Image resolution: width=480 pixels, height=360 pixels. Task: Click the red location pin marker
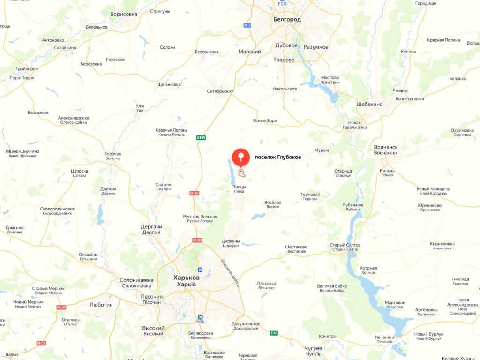click(241, 157)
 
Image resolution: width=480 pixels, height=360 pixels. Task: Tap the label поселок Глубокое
click(277, 157)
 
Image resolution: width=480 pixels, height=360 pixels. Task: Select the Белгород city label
click(287, 20)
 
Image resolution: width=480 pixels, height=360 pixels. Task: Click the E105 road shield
click(201, 137)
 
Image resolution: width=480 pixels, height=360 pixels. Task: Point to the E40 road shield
click(274, 333)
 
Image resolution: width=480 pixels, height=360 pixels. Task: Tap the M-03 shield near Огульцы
click(62, 307)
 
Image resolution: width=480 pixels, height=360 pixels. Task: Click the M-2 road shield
click(247, 25)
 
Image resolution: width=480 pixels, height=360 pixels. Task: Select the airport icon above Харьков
click(201, 270)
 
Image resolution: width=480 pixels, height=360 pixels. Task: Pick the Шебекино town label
click(369, 104)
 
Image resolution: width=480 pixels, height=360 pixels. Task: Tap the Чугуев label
click(313, 349)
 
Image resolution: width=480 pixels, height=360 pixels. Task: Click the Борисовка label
click(124, 15)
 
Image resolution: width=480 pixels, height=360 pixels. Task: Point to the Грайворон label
click(27, 69)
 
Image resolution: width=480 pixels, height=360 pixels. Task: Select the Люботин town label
click(101, 305)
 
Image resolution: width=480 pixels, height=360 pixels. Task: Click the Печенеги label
click(384, 337)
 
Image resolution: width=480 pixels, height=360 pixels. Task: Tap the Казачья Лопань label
click(172, 130)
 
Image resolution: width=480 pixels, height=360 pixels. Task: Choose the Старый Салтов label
click(344, 245)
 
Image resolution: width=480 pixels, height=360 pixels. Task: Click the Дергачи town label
click(151, 227)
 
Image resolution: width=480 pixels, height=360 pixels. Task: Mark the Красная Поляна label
click(443, 40)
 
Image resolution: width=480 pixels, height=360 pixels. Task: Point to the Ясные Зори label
click(265, 121)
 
